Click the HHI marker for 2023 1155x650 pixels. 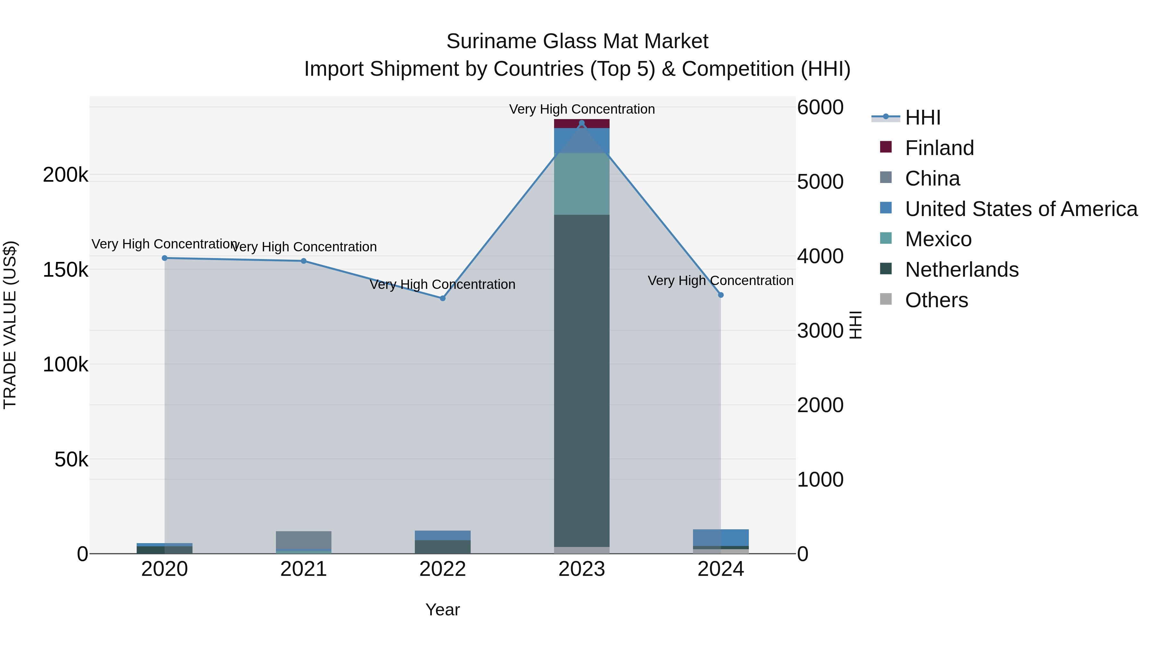point(582,123)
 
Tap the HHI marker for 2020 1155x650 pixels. point(165,258)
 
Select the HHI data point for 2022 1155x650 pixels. point(442,298)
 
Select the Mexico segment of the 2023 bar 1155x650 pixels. point(582,184)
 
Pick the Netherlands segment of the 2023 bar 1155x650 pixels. point(582,381)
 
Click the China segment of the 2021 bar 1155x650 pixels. point(304,540)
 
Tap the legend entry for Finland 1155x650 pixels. point(939,148)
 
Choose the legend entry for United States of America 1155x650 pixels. point(1021,209)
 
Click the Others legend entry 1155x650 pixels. point(936,300)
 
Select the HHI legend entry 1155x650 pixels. point(922,117)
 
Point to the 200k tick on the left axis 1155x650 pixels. point(65,175)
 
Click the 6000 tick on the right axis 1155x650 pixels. point(820,108)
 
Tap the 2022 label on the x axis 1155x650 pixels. point(442,569)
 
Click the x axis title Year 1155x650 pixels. point(442,610)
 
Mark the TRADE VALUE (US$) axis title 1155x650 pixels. point(10,325)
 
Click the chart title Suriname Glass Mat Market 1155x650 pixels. point(577,41)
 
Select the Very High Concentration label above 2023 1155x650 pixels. point(582,109)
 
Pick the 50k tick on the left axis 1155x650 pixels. point(71,460)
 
